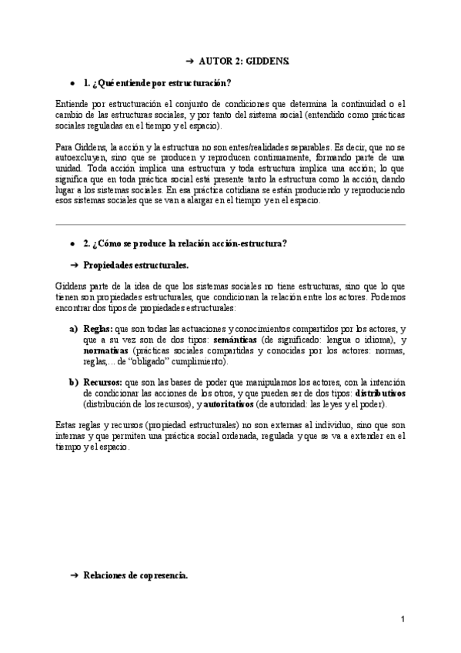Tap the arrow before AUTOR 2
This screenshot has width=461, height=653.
click(x=189, y=59)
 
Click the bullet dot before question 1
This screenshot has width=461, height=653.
click(x=72, y=82)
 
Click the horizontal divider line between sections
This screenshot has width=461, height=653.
click(x=231, y=224)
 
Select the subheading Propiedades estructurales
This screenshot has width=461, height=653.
click(x=135, y=264)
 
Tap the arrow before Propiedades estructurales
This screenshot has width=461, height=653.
click(x=75, y=264)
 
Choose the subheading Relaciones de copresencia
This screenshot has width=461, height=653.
click(x=135, y=575)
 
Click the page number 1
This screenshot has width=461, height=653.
click(x=403, y=618)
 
